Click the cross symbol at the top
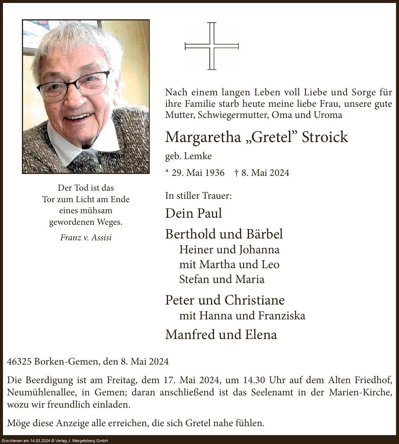pyautogui.click(x=211, y=46)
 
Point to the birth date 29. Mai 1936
pyautogui.click(x=198, y=173)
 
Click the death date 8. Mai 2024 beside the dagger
pyautogui.click(x=265, y=173)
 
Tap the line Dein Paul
pyautogui.click(x=193, y=213)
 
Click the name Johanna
pyautogui.click(x=259, y=250)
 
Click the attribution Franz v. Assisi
pyautogui.click(x=86, y=237)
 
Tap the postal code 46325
pyautogui.click(x=19, y=361)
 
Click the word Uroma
pyautogui.click(x=328, y=115)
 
